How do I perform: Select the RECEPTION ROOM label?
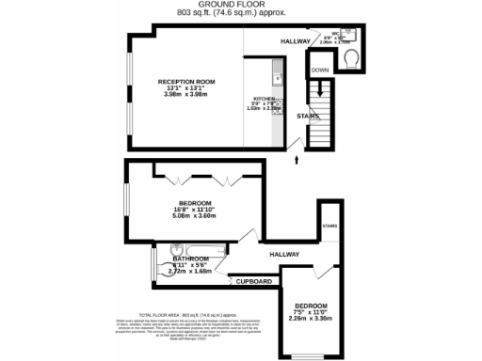pos(186,83)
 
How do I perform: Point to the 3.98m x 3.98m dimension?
pos(186,95)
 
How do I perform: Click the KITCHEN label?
pos(264,98)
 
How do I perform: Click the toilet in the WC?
pos(351,58)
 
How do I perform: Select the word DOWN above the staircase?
pos(320,71)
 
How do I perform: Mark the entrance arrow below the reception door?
pos(297,160)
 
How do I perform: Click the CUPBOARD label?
pos(254,281)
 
